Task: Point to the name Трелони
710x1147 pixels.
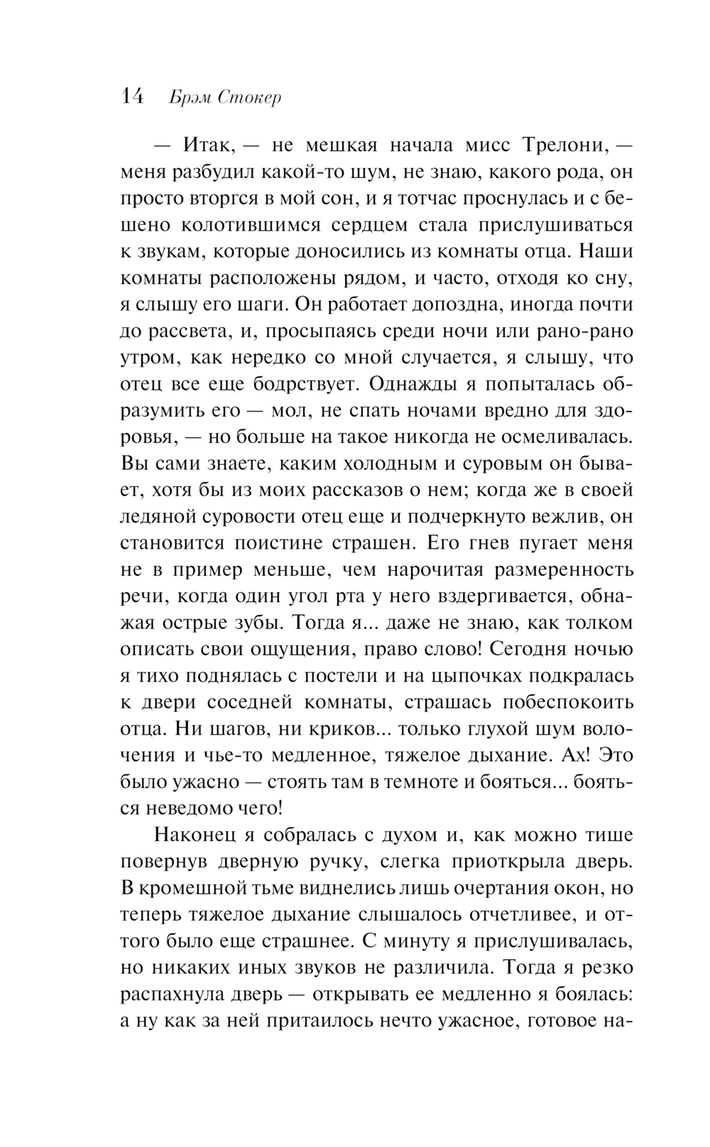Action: pyautogui.click(x=566, y=146)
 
